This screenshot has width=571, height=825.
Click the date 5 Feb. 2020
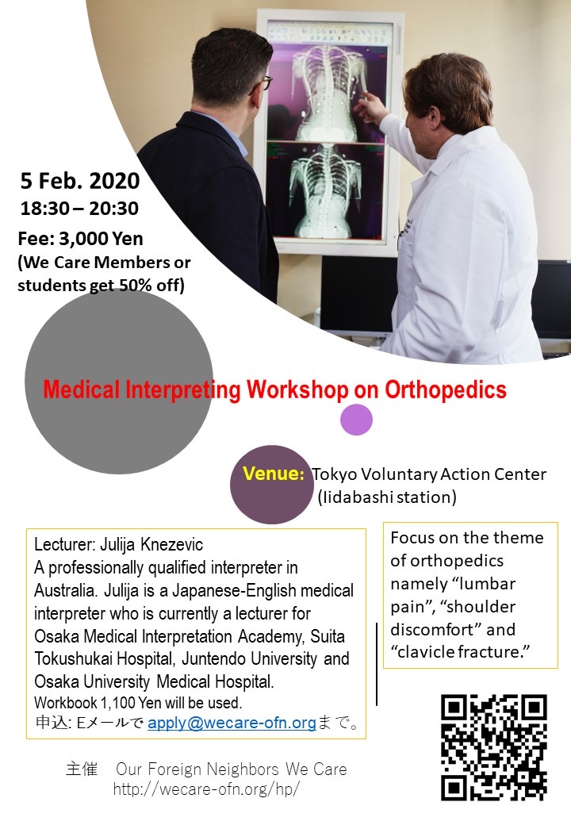pyautogui.click(x=80, y=181)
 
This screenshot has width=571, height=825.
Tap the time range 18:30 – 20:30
pyautogui.click(x=79, y=209)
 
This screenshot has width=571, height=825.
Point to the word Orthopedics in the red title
pyautogui.click(x=446, y=389)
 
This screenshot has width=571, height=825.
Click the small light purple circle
pyautogui.click(x=357, y=420)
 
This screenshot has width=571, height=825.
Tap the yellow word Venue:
pyautogui.click(x=274, y=474)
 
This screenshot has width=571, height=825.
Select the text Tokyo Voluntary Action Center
pyautogui.click(x=429, y=474)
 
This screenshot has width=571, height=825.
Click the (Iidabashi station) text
pyautogui.click(x=387, y=497)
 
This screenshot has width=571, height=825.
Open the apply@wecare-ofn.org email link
pyautogui.click(x=232, y=723)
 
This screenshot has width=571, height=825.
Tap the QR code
pyautogui.click(x=494, y=747)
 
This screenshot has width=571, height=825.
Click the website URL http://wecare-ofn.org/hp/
pyautogui.click(x=206, y=789)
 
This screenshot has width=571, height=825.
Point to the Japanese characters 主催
pyautogui.click(x=82, y=769)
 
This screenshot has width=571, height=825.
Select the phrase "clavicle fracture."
pyautogui.click(x=460, y=652)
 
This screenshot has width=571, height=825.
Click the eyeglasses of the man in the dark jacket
pyautogui.click(x=263, y=83)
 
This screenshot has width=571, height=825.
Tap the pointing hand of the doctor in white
pyautogui.click(x=370, y=106)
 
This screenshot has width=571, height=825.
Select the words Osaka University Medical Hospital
pyautogui.click(x=154, y=682)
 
